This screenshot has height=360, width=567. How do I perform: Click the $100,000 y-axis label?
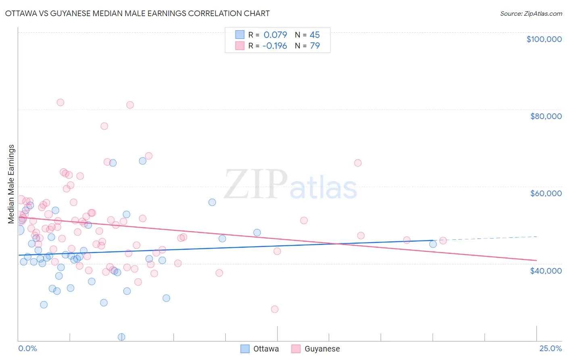(x=544, y=39)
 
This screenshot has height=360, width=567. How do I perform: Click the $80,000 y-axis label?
(x=546, y=116)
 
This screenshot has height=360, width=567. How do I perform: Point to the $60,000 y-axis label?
(x=546, y=193)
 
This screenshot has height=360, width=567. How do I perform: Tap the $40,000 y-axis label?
(x=546, y=270)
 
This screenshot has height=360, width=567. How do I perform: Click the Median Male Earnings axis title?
(x=11, y=184)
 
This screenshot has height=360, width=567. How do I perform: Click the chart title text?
(x=137, y=13)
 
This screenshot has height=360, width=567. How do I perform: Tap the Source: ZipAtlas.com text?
(x=531, y=13)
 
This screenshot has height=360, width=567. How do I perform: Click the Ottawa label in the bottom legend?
(x=266, y=349)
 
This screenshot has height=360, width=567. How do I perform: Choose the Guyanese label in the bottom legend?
(x=322, y=349)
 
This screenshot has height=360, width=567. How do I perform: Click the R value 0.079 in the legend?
(x=275, y=35)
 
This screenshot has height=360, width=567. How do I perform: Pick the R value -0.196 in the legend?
(x=274, y=46)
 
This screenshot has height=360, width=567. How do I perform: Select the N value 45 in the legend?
(x=315, y=35)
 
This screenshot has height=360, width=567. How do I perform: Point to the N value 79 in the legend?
(x=315, y=46)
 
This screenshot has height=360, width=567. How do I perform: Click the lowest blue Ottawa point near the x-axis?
(x=121, y=337)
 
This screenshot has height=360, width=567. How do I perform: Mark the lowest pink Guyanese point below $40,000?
(x=275, y=309)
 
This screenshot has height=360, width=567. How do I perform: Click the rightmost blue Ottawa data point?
(x=433, y=244)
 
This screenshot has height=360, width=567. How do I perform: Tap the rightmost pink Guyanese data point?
(x=443, y=241)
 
